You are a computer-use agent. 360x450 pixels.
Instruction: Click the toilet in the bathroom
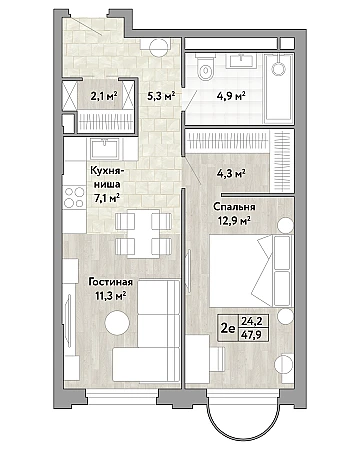pos(205,67)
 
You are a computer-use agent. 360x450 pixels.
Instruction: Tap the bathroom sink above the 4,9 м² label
pos(241,61)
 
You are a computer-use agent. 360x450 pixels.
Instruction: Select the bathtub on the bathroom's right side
pos(279,88)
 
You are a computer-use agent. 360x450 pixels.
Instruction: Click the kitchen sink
pos(105,149)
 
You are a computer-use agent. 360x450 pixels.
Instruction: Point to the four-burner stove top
pos(74,197)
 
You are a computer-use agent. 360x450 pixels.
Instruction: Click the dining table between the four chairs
pos(143,233)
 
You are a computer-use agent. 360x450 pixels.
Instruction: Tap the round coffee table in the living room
pos(117,322)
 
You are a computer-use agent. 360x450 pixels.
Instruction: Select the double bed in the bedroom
pos(250,271)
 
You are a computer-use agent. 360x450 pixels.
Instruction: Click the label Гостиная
pos(110,282)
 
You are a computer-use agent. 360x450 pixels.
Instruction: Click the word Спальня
pos(234,207)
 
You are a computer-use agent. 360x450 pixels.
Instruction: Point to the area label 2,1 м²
pos(104,96)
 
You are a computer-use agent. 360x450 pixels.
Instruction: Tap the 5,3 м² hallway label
pos(161,96)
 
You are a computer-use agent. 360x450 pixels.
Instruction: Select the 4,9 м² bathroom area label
pos(232,96)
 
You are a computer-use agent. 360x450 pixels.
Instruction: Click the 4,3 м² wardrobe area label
pos(232,173)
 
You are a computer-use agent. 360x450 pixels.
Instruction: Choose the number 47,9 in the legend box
pos(252,334)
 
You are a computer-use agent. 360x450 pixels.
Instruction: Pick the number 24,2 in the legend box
pos(252,321)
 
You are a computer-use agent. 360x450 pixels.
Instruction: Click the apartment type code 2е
pos(228,328)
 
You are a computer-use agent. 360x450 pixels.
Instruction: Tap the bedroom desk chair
pos(217,359)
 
